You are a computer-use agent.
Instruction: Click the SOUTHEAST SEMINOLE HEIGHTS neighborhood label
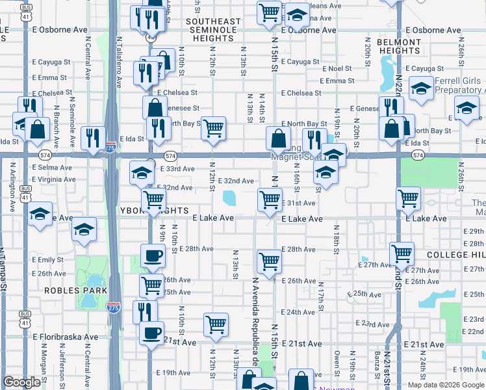pyautogui.click(x=213, y=30)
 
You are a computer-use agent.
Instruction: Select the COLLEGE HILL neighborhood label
pyautogui.click(x=455, y=255)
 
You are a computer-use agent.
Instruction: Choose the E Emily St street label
pyautogui.click(x=47, y=259)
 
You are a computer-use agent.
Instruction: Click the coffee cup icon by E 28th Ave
pyautogui.click(x=153, y=255)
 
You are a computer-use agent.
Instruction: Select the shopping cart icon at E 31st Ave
pyautogui.click(x=270, y=200)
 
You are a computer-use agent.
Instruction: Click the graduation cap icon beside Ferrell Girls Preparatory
pyautogui.click(x=422, y=89)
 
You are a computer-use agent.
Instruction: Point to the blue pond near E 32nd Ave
pyautogui.click(x=229, y=198)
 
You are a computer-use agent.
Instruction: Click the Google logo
pyautogui.click(x=21, y=383)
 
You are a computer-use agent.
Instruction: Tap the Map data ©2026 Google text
pyautogui.click(x=445, y=385)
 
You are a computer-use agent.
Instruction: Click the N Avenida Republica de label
pyautogui.click(x=256, y=325)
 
